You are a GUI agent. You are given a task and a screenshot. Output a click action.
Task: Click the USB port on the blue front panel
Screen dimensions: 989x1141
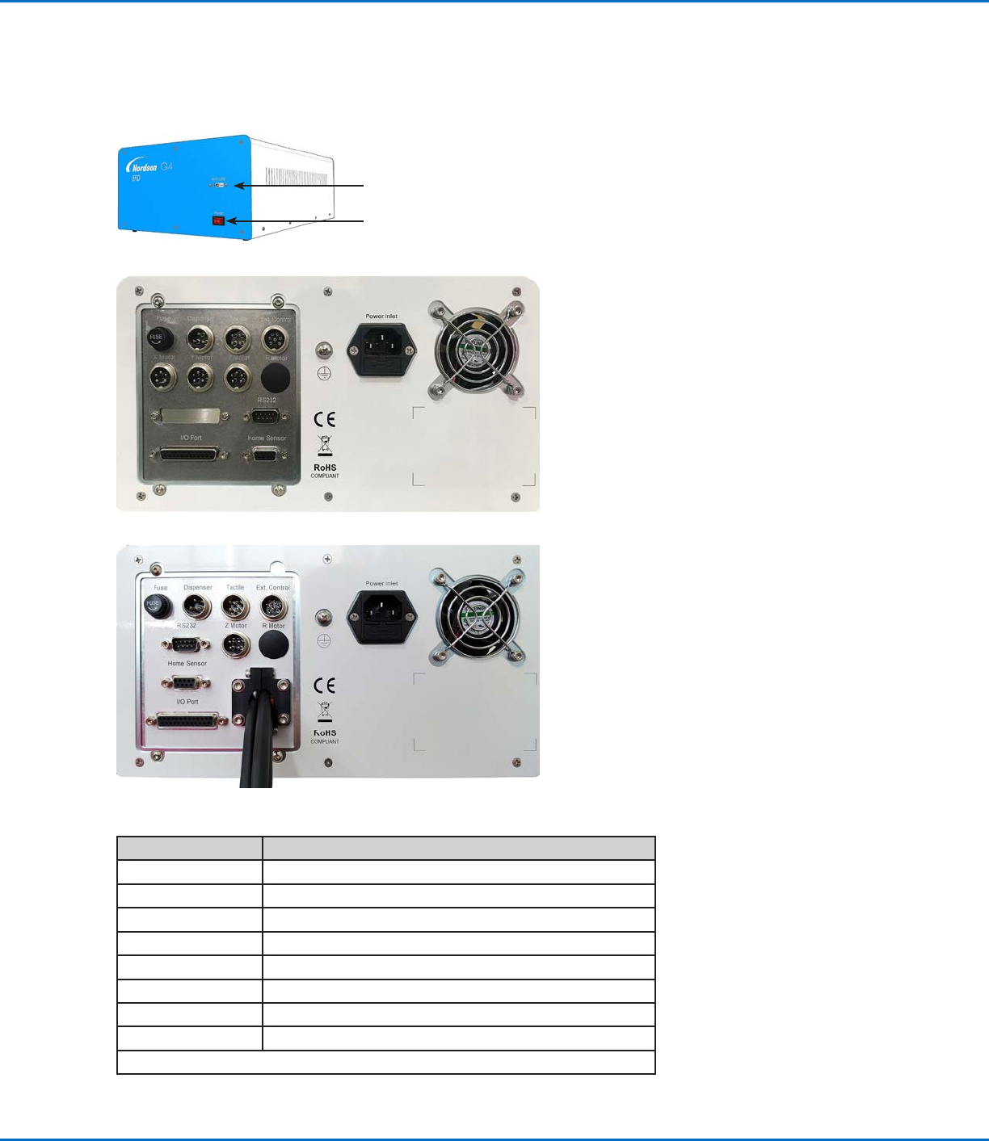219,185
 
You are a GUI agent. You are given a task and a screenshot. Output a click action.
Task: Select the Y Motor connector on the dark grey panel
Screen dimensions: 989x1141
199,376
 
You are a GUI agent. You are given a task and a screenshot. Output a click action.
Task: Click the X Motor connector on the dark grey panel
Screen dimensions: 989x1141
162,376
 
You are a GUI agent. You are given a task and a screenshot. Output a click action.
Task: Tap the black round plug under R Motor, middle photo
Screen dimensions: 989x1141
276,376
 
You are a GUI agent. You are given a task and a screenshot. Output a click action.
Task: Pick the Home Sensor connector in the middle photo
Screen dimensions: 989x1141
265,455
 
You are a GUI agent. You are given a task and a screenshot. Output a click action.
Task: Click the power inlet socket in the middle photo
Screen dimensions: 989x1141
381,350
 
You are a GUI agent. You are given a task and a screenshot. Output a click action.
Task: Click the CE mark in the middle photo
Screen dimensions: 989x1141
325,419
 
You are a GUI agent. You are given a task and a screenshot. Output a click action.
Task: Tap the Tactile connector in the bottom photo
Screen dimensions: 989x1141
234,606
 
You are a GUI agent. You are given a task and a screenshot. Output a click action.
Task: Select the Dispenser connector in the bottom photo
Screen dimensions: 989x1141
196,606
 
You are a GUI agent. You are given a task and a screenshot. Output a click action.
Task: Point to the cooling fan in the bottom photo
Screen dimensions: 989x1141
477,616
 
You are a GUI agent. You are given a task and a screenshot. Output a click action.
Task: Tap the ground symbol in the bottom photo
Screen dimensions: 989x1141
324,640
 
